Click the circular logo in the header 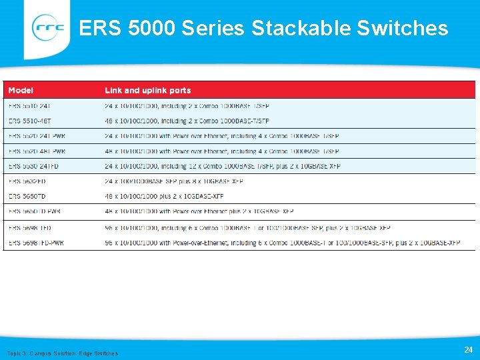point(49,28)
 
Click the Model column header point(21,90)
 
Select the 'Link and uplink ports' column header point(147,90)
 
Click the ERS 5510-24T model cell point(29,106)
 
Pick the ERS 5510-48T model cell point(29,121)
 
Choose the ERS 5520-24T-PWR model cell point(37,136)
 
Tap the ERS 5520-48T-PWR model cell point(37,151)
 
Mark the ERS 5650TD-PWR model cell point(35,211)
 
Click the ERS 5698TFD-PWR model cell point(36,243)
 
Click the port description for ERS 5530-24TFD point(223,166)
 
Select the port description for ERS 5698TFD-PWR point(282,243)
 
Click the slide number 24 point(467,349)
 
